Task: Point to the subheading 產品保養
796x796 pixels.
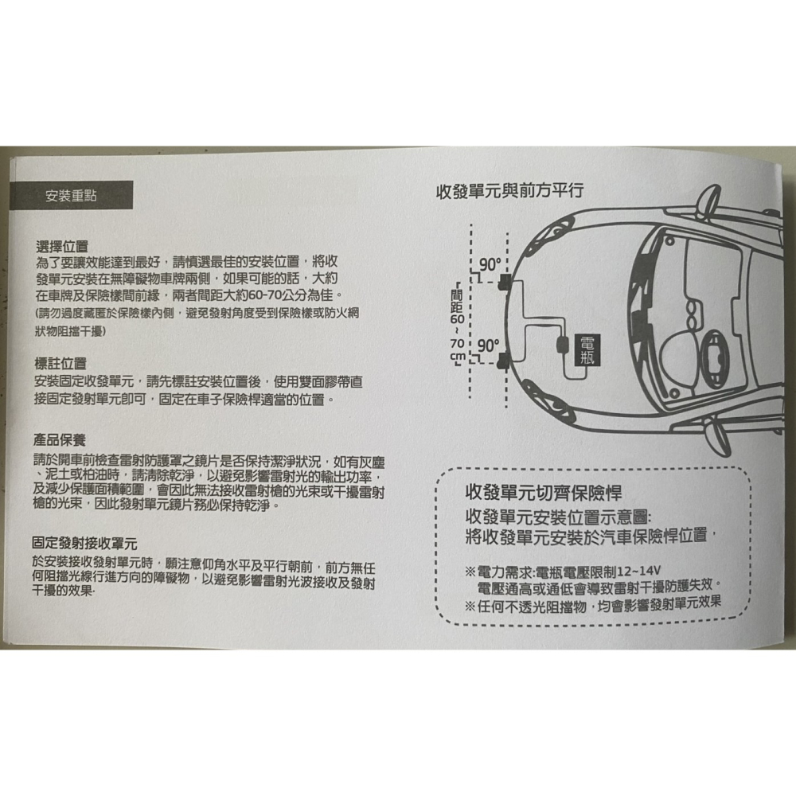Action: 60,440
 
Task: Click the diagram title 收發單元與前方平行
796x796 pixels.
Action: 510,192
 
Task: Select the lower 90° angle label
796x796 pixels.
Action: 487,346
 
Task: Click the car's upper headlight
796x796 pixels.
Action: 554,247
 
